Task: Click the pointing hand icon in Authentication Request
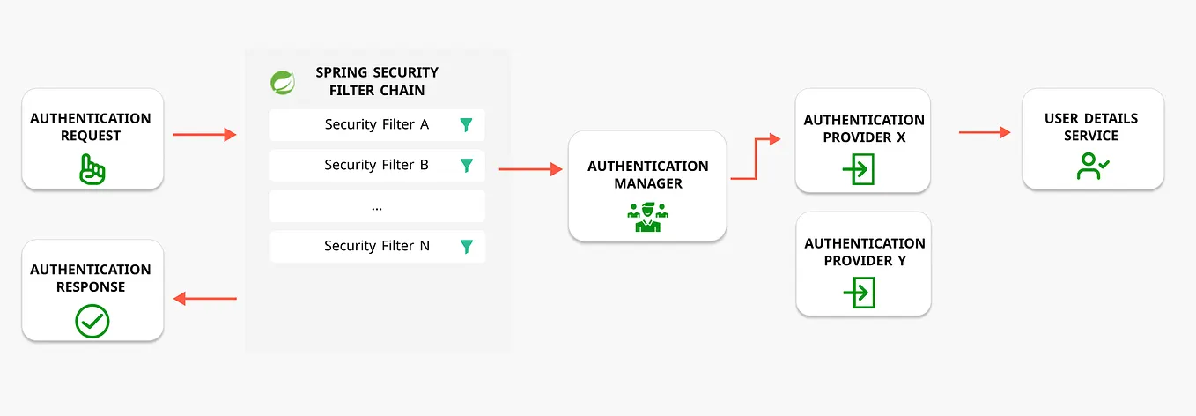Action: click(x=92, y=169)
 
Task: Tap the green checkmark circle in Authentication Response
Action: click(x=92, y=321)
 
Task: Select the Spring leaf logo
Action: click(x=283, y=82)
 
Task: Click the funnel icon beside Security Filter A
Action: click(x=466, y=125)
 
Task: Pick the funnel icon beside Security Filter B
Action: click(x=466, y=166)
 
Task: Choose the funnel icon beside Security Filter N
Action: click(x=466, y=247)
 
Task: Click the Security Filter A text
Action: click(x=376, y=124)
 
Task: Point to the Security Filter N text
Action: click(x=376, y=246)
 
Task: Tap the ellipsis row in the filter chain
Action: click(x=377, y=206)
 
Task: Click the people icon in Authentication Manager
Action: click(x=647, y=217)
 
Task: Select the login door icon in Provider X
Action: click(x=859, y=168)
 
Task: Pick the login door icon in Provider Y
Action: click(x=859, y=292)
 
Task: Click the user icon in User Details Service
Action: click(x=1092, y=166)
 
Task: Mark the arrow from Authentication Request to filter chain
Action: click(x=204, y=135)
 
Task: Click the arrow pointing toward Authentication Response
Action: click(x=204, y=299)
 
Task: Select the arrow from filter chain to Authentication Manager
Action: click(x=530, y=169)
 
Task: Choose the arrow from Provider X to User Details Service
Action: click(x=984, y=132)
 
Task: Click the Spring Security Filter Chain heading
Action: click(x=377, y=81)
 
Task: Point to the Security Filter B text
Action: click(x=376, y=165)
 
